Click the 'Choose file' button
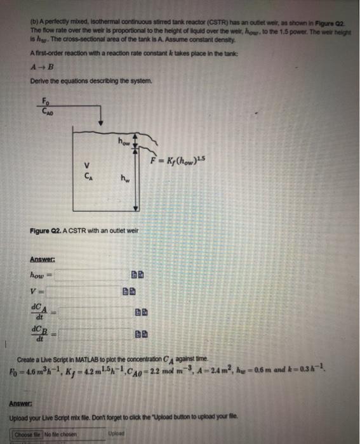[x=30, y=435]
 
